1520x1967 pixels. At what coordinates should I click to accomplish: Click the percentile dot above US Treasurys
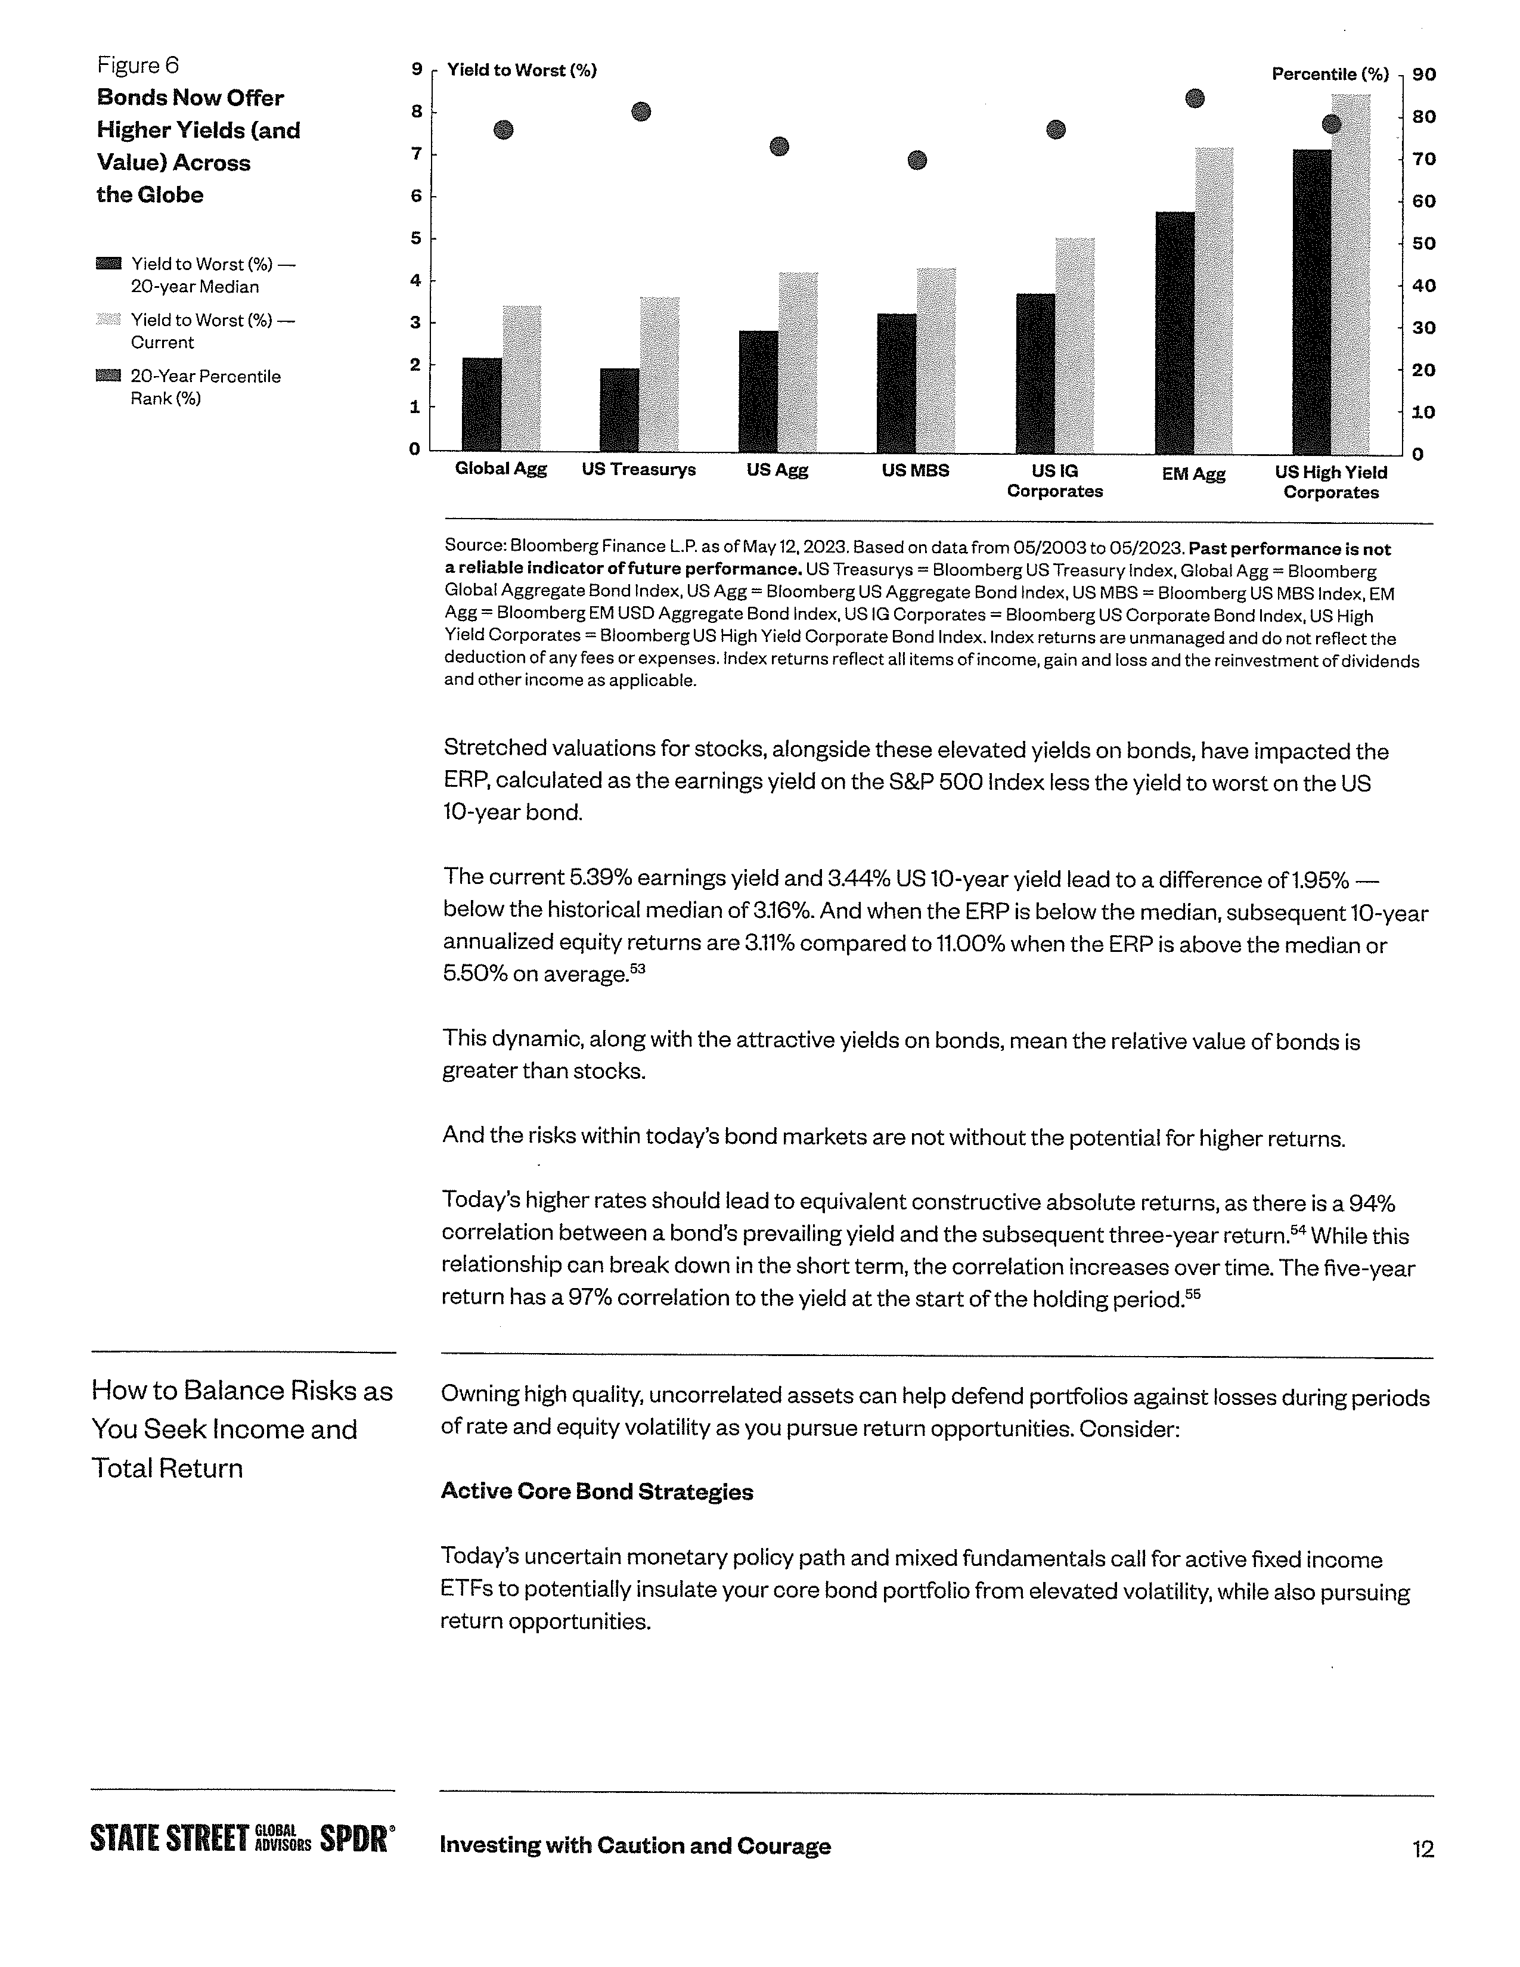coord(640,111)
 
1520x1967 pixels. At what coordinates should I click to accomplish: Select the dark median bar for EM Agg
coord(1174,333)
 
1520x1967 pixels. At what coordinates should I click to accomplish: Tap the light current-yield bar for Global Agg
coord(522,378)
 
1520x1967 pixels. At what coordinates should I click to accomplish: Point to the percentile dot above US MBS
coord(917,160)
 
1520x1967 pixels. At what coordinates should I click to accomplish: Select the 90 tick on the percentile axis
coord(1423,75)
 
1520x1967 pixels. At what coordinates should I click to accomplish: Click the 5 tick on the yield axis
coord(416,238)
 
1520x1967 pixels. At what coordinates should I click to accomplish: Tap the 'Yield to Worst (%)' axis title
coord(522,70)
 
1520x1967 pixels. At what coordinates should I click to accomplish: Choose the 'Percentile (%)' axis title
coord(1329,75)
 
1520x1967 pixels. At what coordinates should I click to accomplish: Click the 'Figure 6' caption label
coord(138,65)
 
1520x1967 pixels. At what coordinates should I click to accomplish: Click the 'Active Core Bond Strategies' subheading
coord(596,1491)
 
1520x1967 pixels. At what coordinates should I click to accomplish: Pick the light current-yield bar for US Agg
coord(798,362)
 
